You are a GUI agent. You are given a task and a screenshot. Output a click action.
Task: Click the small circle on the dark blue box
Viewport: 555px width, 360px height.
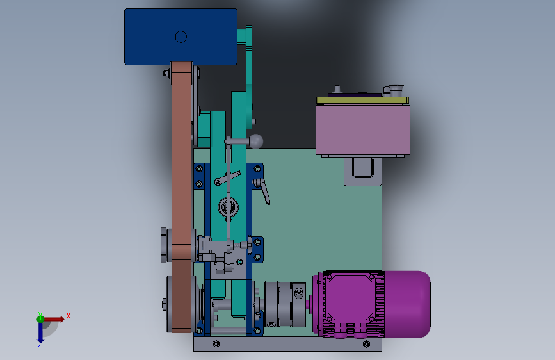(x=181, y=37)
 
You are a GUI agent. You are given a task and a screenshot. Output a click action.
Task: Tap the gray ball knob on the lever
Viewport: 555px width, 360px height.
(x=256, y=142)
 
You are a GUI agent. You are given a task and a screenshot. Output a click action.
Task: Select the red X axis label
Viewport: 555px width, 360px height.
(x=68, y=316)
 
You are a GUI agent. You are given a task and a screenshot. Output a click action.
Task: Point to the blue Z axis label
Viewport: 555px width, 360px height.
(x=40, y=344)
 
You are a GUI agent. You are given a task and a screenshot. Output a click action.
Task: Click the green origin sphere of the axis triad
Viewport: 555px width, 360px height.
(x=40, y=319)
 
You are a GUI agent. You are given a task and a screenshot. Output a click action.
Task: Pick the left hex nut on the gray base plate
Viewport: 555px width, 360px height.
(x=216, y=344)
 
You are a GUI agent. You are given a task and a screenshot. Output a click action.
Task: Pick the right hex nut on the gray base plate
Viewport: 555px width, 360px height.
(x=366, y=344)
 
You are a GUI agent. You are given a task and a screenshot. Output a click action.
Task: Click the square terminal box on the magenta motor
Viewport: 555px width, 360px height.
(x=350, y=298)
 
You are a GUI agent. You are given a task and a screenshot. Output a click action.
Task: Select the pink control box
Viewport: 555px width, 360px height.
(x=363, y=129)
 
